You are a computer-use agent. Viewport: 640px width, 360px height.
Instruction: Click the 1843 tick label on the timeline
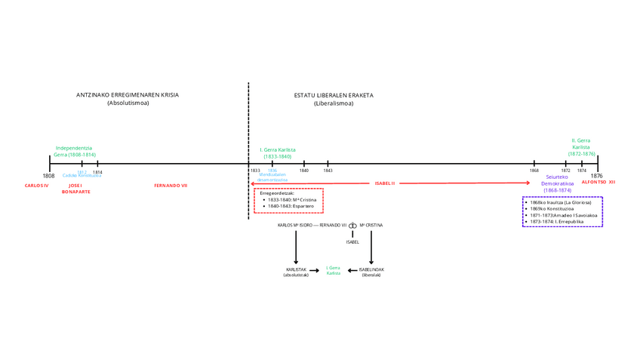click(328, 171)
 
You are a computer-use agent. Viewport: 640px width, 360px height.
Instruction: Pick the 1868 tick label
click(534, 171)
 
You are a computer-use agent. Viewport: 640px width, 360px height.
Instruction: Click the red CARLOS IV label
click(36, 185)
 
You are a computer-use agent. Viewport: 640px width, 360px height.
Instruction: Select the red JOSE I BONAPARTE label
click(75, 189)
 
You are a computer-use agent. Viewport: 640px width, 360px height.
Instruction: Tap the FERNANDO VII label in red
click(171, 185)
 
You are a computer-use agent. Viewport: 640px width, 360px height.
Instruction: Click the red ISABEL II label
click(385, 183)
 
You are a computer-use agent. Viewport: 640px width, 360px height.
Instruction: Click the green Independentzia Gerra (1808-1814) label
click(74, 151)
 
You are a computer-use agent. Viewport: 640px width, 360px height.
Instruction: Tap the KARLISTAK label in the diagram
click(296, 269)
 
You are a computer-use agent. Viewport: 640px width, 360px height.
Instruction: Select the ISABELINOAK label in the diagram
click(371, 269)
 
